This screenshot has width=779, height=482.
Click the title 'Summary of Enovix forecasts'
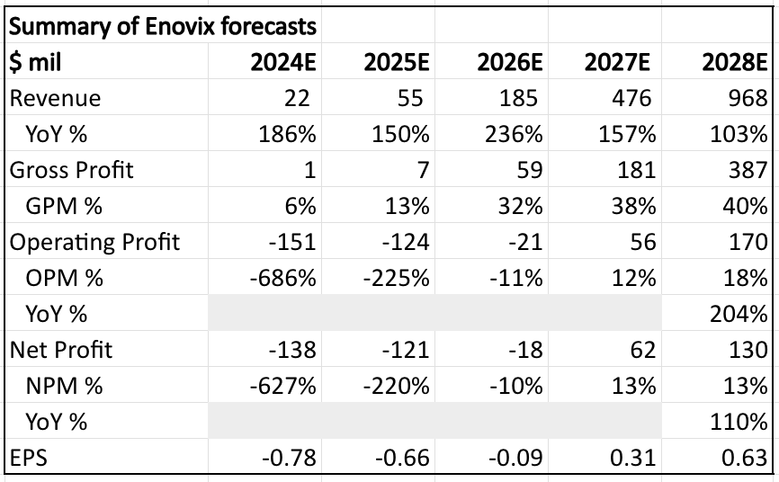click(163, 26)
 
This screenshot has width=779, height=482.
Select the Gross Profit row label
click(71, 170)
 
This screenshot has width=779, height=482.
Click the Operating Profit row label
click(94, 242)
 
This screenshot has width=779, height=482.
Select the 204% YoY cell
click(738, 314)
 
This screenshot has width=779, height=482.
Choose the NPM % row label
click(65, 386)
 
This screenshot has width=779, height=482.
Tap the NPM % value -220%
click(395, 386)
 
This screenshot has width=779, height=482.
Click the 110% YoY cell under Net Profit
click(738, 422)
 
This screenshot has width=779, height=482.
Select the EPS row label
click(29, 458)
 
